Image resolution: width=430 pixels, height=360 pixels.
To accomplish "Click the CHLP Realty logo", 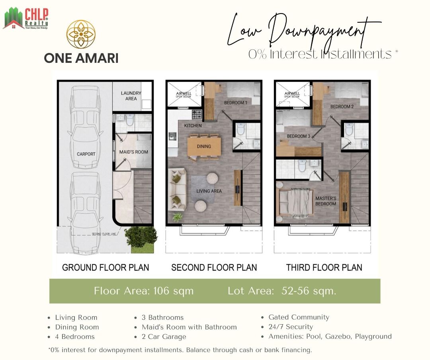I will coord(25,18).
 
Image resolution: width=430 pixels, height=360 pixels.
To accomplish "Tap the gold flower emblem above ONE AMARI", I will coord(81,35).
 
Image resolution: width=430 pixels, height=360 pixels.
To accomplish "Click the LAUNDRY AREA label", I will coord(131,96).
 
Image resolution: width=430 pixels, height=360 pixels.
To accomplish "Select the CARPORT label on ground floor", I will coord(86,154).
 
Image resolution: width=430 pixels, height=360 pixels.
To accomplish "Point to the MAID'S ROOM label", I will coord(134,152).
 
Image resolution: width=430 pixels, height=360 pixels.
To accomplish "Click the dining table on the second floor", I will coord(204,146).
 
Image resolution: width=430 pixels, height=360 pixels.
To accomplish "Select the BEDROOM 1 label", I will coord(236,103).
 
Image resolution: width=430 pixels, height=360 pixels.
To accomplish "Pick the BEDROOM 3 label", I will coord(299,136).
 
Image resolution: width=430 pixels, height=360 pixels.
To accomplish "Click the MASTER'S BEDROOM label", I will coord(326,201).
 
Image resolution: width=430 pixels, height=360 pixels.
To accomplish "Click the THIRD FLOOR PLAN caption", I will coord(324,267).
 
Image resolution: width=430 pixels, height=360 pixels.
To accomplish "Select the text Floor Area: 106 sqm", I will coord(144,291).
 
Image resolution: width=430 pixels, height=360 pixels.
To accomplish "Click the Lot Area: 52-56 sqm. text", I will coord(282,291).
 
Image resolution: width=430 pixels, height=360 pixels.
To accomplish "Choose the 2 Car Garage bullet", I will coord(164,337).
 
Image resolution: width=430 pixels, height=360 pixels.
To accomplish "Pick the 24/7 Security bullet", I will coord(291,327).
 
